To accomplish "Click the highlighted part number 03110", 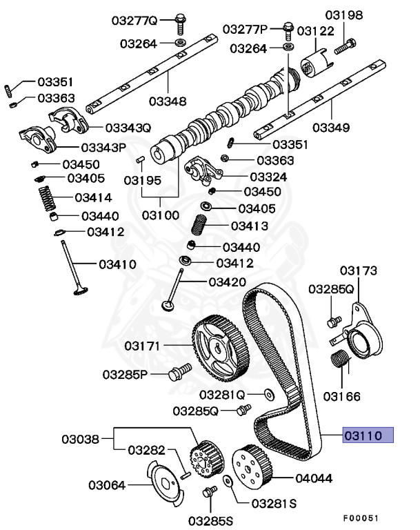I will (368, 435).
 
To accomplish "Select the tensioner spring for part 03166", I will (340, 360).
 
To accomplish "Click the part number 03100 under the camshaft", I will (161, 215).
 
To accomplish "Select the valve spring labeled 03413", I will (199, 226).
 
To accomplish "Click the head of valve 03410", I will (80, 293).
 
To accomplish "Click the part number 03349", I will (330, 128).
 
